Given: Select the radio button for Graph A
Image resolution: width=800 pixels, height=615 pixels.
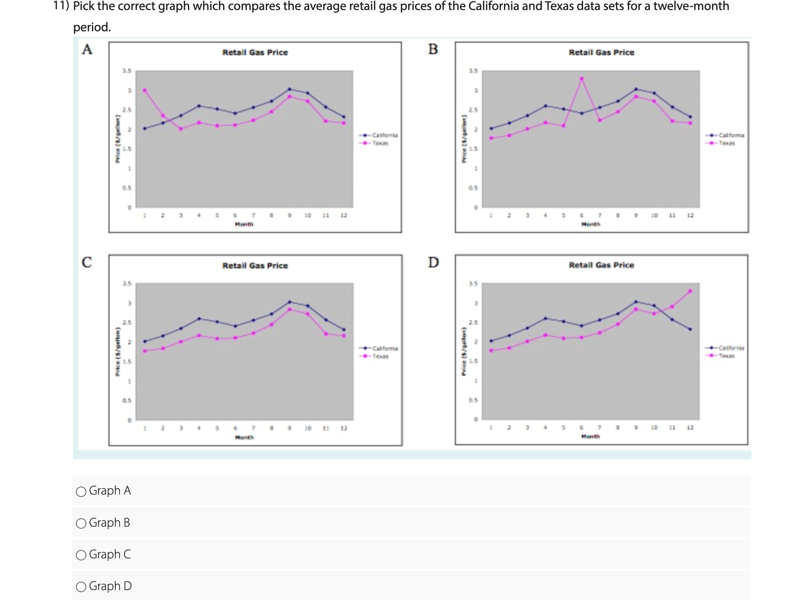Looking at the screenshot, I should pyautogui.click(x=81, y=491).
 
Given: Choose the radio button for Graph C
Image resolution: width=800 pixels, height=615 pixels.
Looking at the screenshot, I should pyautogui.click(x=81, y=555).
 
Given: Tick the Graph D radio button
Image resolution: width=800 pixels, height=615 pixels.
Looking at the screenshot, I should pyautogui.click(x=81, y=587).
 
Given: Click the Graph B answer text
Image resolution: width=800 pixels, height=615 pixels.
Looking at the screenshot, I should pyautogui.click(x=109, y=523).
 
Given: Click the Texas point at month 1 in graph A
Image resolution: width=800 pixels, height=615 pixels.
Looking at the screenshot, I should pyautogui.click(x=145, y=90).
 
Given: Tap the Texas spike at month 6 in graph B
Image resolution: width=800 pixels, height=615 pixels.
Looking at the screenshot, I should pyautogui.click(x=582, y=79).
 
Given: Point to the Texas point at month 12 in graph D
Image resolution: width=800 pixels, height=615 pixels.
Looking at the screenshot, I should pyautogui.click(x=690, y=291).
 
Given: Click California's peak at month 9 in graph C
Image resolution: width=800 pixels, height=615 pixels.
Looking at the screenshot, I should pyautogui.click(x=290, y=301).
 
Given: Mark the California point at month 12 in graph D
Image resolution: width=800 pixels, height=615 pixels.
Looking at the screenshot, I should pyautogui.click(x=690, y=329).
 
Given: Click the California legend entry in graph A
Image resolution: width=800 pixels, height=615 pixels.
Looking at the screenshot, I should pyautogui.click(x=384, y=135).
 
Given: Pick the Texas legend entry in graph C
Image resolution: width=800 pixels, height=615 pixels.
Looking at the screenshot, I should pyautogui.click(x=380, y=356).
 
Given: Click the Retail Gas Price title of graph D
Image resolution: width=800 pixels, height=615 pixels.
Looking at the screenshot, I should pyautogui.click(x=601, y=265).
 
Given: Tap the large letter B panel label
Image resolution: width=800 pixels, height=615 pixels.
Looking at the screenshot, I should pyautogui.click(x=433, y=49).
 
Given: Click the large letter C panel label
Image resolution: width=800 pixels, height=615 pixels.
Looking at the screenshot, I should pyautogui.click(x=87, y=262).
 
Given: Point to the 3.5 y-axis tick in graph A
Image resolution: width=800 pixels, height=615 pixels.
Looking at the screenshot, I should pyautogui.click(x=127, y=71).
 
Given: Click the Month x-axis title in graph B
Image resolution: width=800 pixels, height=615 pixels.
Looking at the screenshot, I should pyautogui.click(x=590, y=224).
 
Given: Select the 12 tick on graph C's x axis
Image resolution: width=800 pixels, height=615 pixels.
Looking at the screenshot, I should pyautogui.click(x=344, y=428).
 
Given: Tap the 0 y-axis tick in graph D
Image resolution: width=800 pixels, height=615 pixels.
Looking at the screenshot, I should pyautogui.click(x=476, y=420).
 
